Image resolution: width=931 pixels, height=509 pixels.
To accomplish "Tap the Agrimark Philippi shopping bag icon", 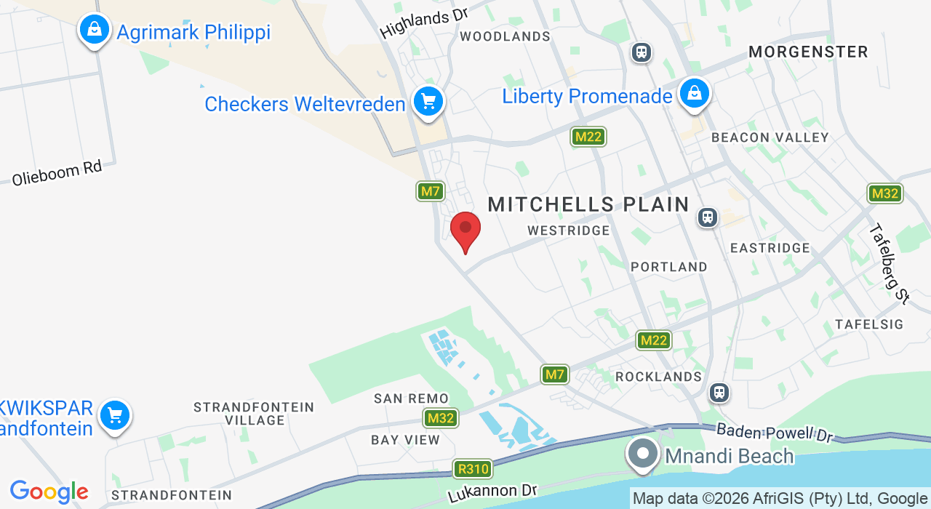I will pos(95,31).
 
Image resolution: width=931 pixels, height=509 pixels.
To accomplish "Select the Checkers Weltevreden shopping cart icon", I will pos(428,102).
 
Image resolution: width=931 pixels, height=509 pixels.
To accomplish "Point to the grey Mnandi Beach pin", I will pos(642,454).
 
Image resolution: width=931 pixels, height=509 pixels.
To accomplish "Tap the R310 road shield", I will pos(472,469).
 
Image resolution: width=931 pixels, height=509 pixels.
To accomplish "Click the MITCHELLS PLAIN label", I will pos(588,205).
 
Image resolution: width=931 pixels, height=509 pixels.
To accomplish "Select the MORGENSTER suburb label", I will pos(808,52).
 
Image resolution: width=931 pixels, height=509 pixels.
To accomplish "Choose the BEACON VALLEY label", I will pos(770,137).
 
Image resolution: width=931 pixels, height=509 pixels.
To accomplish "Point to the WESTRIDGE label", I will pos(569,231).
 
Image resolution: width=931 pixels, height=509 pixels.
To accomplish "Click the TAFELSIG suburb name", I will pos(869,324).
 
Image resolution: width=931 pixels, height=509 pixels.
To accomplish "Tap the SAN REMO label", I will pos(411,398).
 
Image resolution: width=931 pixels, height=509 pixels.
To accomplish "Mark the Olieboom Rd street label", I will pos(57,172).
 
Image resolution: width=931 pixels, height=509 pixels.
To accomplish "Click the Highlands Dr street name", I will pos(423,23).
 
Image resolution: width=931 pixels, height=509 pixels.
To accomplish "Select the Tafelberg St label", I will pos(890,262).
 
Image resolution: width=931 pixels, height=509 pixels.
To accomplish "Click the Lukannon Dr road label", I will pos(492,494).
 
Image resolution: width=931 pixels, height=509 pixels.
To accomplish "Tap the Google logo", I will pos(49,492).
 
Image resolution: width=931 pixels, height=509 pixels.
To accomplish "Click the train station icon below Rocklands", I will pos(719,393).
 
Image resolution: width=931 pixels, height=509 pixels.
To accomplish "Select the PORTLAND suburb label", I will pos(668,267).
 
